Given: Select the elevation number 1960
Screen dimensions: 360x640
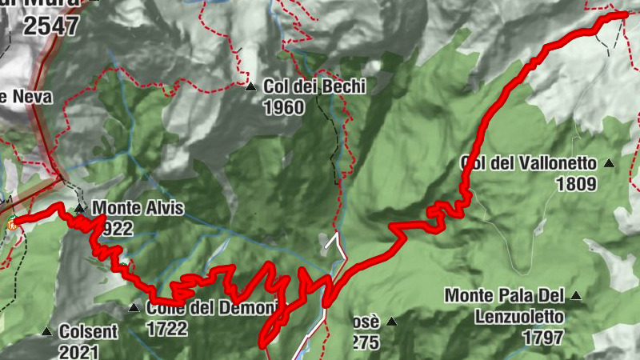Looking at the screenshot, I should (283, 106).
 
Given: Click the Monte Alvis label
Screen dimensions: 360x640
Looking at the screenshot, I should (138, 210).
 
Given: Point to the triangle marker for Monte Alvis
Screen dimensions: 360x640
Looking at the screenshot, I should (80, 210).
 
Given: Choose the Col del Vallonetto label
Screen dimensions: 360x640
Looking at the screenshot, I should (529, 163).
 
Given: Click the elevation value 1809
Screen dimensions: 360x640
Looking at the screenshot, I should (576, 184).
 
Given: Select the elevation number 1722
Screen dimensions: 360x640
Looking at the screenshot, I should (167, 328).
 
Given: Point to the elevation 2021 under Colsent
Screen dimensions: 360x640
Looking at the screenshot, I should (78, 351).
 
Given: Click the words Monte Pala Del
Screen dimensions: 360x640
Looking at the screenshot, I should (505, 296).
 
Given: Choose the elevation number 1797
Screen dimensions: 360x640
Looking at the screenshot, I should (543, 338).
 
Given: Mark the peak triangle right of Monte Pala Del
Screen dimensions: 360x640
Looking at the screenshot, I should (575, 296).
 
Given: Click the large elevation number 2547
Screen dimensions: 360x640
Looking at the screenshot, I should (51, 26).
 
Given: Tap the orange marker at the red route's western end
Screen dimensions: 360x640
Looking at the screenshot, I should (12, 225).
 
